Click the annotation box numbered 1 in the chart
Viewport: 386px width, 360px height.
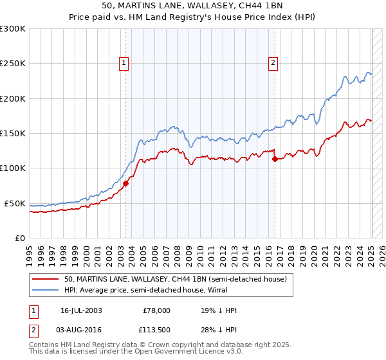pyautogui.click(x=123, y=62)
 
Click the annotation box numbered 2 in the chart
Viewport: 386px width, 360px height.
pyautogui.click(x=273, y=62)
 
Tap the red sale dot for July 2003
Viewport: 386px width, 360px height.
pyautogui.click(x=125, y=183)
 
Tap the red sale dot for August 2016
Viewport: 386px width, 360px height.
pyautogui.click(x=275, y=159)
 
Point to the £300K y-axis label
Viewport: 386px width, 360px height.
pyautogui.click(x=13, y=29)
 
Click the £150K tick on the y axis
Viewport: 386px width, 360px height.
pyautogui.click(x=13, y=134)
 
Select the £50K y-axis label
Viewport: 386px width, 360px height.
pyautogui.click(x=15, y=203)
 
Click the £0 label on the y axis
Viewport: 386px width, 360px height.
pyautogui.click(x=20, y=238)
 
